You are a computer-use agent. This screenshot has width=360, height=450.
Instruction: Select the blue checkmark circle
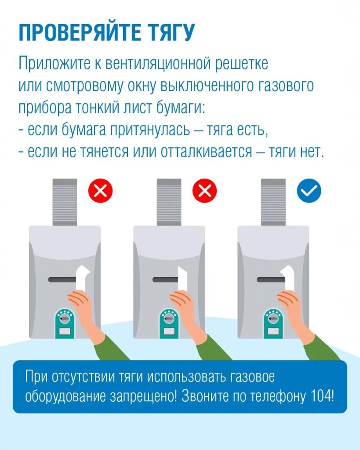(309, 191)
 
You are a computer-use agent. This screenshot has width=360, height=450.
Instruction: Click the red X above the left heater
(101, 191)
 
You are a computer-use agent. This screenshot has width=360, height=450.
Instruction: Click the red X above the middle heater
(205, 191)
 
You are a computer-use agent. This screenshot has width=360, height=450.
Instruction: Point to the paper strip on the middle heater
(182, 279)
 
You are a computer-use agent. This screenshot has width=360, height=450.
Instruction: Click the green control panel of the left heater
(66, 323)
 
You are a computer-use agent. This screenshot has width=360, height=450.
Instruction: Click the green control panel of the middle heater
(170, 323)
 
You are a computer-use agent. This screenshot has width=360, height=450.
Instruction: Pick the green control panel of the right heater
(274, 323)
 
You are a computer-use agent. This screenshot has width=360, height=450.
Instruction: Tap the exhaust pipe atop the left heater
(65, 202)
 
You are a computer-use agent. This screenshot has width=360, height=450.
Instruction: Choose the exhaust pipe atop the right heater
(273, 202)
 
